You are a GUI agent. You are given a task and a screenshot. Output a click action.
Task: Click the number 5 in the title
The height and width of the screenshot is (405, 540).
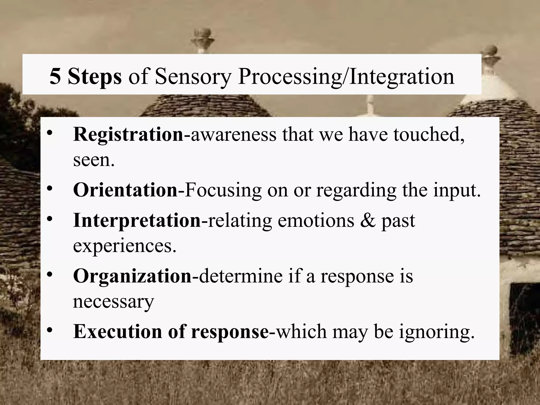(55, 76)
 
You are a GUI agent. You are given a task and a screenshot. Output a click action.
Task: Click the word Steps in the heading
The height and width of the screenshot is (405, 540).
(95, 77)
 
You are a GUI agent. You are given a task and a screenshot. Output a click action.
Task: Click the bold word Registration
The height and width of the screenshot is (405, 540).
(128, 134)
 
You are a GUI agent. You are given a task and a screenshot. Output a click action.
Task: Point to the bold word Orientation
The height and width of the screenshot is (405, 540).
(126, 190)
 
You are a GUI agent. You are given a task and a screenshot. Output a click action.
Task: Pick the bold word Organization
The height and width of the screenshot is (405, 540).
(133, 276)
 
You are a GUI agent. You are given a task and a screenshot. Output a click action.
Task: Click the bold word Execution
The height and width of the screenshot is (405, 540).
(118, 331)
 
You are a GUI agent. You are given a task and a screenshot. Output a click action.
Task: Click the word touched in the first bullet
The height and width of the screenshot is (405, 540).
(428, 134)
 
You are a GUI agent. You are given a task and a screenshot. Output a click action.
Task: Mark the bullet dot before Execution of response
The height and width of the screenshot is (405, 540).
(50, 330)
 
